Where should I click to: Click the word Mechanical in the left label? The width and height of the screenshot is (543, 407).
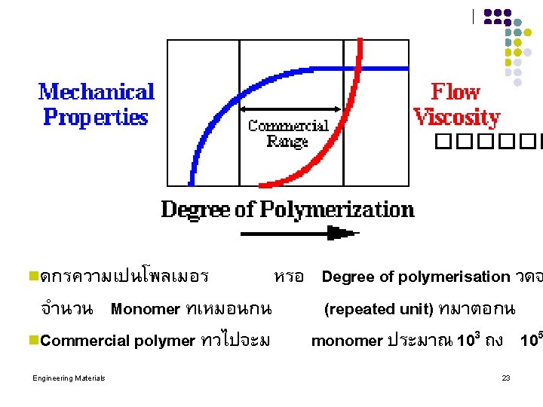click(x=97, y=93)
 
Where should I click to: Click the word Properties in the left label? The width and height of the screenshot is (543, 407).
click(x=96, y=118)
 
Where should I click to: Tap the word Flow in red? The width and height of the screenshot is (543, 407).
click(x=455, y=93)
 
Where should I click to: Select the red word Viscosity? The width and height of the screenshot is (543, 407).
click(x=456, y=118)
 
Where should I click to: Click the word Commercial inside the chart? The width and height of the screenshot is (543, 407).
click(x=288, y=126)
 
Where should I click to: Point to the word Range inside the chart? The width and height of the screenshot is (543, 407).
click(x=287, y=141)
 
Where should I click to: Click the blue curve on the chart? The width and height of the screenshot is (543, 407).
click(x=207, y=128)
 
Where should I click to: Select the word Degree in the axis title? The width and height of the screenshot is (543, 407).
click(x=197, y=209)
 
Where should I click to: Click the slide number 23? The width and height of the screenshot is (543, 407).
click(x=506, y=378)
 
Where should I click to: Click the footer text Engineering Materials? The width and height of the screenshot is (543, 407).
click(x=69, y=378)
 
